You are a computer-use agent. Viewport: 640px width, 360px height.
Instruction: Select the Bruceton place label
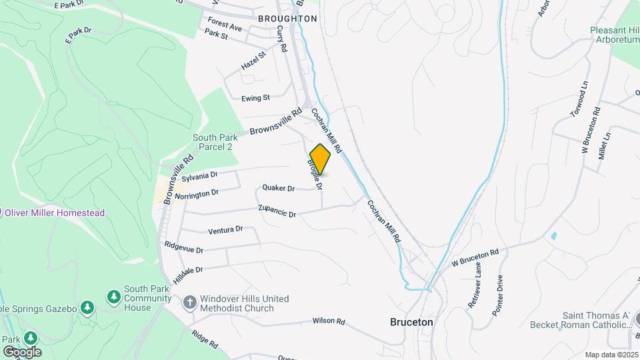pyautogui.click(x=411, y=322)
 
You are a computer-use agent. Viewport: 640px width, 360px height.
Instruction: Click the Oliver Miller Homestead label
pyautogui.click(x=55, y=213)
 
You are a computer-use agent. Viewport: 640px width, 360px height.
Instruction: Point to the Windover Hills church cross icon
pyautogui.click(x=189, y=302)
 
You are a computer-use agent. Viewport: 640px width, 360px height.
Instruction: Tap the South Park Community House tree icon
pyautogui.click(x=114, y=295)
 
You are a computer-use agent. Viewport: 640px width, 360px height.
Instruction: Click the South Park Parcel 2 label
pyautogui.click(x=212, y=142)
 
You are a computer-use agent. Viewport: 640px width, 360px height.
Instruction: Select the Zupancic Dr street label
pyautogui.click(x=277, y=213)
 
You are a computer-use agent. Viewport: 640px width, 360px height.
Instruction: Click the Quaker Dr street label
pyautogui.click(x=278, y=188)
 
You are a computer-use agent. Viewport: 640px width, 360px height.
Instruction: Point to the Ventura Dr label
pyautogui.click(x=225, y=230)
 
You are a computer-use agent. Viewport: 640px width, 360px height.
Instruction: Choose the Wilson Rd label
pyautogui.click(x=328, y=321)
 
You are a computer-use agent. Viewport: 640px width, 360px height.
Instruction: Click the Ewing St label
pyautogui.click(x=255, y=98)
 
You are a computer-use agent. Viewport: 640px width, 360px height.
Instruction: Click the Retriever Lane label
pyautogui.click(x=474, y=293)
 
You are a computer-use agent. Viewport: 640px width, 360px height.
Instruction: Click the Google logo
pyautogui.click(x=21, y=352)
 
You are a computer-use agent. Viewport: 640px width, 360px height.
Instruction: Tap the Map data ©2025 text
pyautogui.click(x=610, y=355)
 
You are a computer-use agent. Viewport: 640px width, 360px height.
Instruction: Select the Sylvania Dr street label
pyautogui.click(x=200, y=176)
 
